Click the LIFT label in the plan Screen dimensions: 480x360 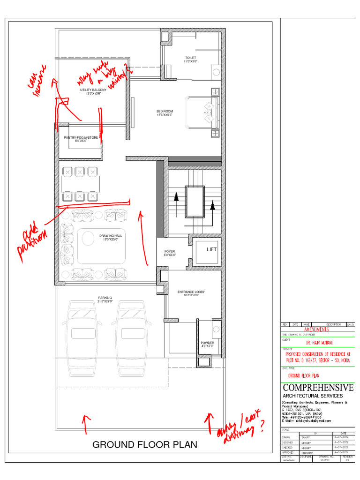(211, 249)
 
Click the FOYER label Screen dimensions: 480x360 (169, 253)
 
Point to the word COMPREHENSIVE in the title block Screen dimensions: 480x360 (318, 388)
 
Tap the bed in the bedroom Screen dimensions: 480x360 (202, 112)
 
